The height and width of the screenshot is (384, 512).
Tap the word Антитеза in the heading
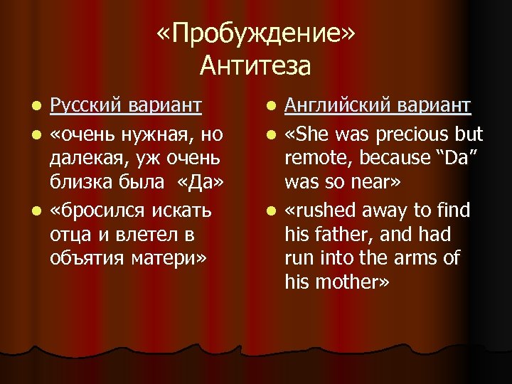[x=255, y=65]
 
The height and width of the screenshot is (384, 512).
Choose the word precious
[x=408, y=134]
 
